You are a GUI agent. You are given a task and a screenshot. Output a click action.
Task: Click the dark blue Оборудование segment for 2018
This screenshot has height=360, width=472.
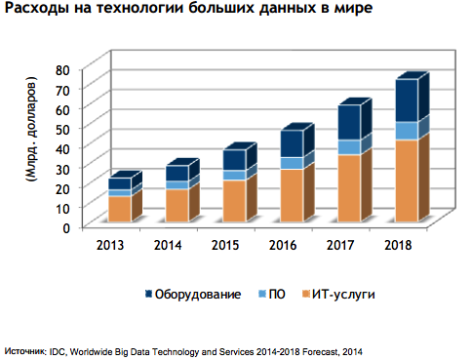(x=407, y=100)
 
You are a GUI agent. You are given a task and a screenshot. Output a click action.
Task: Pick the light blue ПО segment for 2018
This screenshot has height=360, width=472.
(x=407, y=131)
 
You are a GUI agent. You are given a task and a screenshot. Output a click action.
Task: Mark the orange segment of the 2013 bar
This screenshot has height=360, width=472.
(x=119, y=210)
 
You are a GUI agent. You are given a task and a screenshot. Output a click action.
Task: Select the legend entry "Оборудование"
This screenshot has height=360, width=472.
(x=195, y=295)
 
